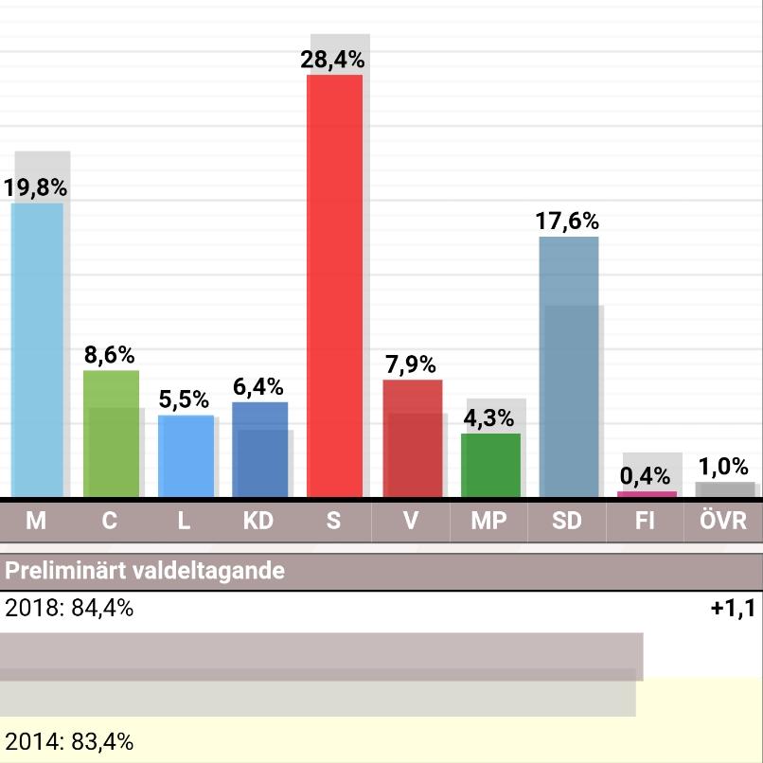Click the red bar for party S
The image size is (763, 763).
click(x=335, y=284)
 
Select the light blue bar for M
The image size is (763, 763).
click(x=37, y=350)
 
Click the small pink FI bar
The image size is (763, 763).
click(x=647, y=494)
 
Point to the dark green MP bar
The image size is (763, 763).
click(x=490, y=465)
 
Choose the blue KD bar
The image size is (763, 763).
click(x=259, y=450)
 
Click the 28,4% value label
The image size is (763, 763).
click(x=332, y=60)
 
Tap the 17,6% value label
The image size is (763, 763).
click(x=567, y=222)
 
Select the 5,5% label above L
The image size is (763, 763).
click(x=184, y=399)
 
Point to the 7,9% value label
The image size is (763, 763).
click(x=411, y=364)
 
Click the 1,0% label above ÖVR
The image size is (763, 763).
click(x=723, y=467)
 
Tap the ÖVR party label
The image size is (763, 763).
click(x=723, y=521)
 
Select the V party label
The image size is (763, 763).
click(x=410, y=521)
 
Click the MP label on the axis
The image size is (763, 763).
click(x=488, y=521)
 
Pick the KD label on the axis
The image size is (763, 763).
click(x=257, y=521)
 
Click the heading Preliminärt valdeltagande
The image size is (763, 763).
click(x=145, y=572)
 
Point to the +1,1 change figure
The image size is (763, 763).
click(x=733, y=609)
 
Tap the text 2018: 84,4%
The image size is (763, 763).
click(x=69, y=609)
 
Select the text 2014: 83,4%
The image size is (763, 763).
click(x=69, y=742)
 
